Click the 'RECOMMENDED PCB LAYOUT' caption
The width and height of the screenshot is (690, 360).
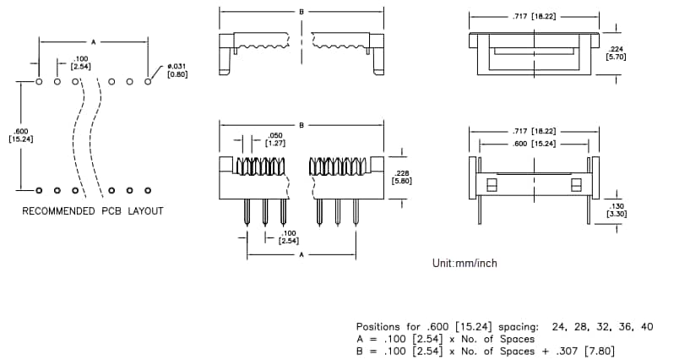click(93, 210)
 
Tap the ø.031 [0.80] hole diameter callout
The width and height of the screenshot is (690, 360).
click(177, 70)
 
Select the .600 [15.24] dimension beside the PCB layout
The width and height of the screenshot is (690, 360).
click(21, 135)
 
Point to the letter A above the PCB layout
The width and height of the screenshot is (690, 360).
click(93, 41)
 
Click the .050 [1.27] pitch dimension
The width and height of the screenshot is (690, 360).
click(275, 139)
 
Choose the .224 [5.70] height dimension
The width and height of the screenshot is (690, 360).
click(616, 52)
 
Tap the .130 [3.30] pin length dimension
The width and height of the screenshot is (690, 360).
click(616, 210)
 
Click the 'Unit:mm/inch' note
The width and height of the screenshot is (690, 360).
click(465, 264)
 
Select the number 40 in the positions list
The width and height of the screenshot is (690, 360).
click(646, 326)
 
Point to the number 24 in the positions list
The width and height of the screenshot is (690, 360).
click(559, 326)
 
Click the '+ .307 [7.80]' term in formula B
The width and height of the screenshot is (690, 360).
click(578, 351)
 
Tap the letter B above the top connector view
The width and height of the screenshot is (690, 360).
click(301, 11)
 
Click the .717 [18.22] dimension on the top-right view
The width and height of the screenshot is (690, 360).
click(534, 15)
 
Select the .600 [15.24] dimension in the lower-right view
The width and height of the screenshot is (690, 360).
click(534, 144)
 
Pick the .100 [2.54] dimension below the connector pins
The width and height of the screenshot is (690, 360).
click(288, 237)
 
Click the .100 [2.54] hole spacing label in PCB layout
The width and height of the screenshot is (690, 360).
click(81, 62)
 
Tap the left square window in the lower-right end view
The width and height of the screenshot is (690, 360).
click(492, 183)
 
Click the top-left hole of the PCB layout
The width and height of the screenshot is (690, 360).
click(39, 82)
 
